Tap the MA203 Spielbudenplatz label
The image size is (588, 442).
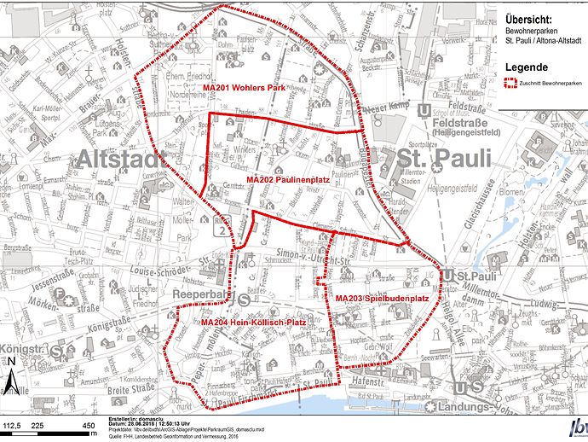(x=381, y=298)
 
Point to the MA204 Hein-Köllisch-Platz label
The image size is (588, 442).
(x=253, y=323)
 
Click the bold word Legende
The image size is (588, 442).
(x=528, y=67)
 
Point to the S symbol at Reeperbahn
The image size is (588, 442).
(x=245, y=300)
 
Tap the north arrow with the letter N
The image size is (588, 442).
(x=13, y=375)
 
